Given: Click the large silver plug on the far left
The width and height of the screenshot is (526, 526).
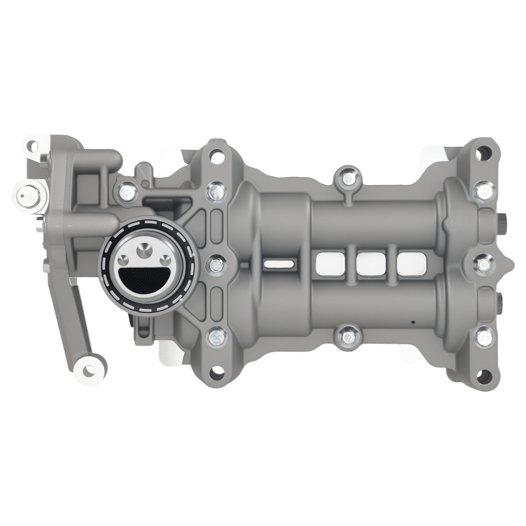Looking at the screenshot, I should (26, 196).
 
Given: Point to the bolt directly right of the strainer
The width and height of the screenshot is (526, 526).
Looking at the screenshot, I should (216, 264).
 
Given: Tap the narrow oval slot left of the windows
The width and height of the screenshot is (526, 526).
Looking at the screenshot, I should (279, 262).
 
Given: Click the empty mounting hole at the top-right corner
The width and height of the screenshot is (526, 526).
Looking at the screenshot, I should (483, 153).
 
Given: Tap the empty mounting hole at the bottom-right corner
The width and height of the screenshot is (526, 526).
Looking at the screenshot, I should (483, 376).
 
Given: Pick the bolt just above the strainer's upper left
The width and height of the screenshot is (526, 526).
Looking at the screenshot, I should (127, 192).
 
